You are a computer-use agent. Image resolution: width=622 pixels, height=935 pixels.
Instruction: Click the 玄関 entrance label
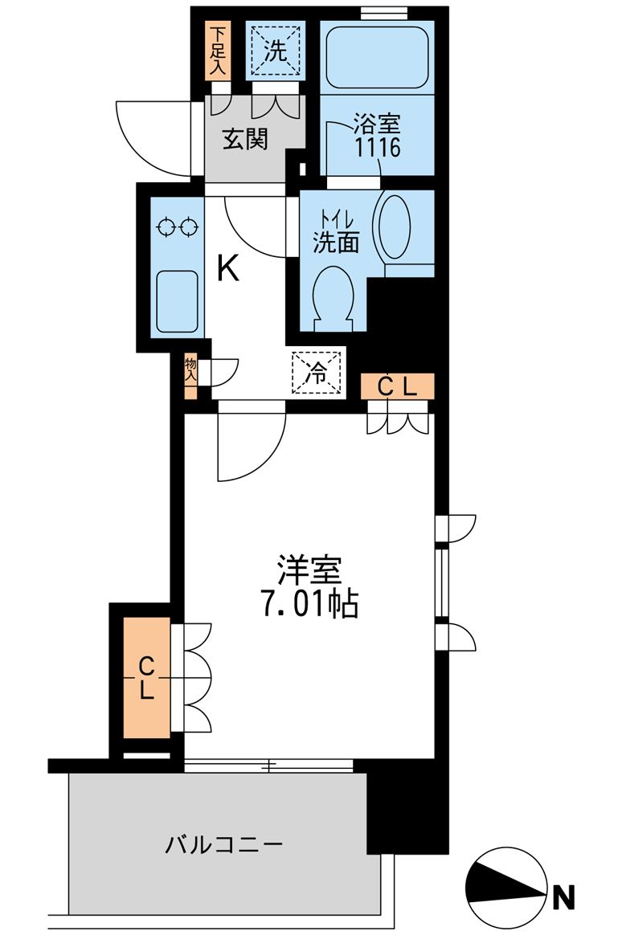pyautogui.click(x=245, y=140)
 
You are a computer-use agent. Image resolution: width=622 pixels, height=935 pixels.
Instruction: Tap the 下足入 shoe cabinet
pyautogui.click(x=218, y=51)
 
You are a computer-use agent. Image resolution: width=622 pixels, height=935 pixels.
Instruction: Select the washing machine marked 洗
pyautogui.click(x=276, y=51)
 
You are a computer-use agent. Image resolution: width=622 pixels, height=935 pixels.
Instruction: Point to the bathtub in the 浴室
pyautogui.click(x=376, y=55)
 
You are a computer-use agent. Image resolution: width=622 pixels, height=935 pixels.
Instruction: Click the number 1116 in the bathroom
pyautogui.click(x=377, y=147)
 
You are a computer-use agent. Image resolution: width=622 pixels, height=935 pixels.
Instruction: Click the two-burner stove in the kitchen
pyautogui.click(x=177, y=227)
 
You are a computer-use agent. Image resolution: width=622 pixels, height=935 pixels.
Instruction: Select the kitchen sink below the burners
pyautogui.click(x=177, y=300)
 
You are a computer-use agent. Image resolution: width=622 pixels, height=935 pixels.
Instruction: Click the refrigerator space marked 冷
pyautogui.click(x=317, y=372)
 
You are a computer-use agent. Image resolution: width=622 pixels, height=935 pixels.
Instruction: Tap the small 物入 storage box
pyautogui.click(x=191, y=376)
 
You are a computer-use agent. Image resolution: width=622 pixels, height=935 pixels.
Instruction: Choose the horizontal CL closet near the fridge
pyautogui.click(x=397, y=387)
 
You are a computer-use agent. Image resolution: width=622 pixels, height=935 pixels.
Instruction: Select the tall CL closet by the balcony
pyautogui.click(x=146, y=677)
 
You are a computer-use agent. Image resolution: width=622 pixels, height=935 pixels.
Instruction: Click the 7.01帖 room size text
pyautogui.click(x=309, y=603)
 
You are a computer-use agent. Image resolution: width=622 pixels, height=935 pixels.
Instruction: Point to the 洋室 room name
pyautogui.click(x=309, y=570)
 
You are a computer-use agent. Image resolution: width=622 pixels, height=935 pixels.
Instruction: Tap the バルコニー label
pyautogui.click(x=224, y=845)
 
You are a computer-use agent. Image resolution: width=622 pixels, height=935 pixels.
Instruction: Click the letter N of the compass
pyautogui.click(x=567, y=896)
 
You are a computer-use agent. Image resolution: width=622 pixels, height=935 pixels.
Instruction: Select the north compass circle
pyautogui.click(x=506, y=885)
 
